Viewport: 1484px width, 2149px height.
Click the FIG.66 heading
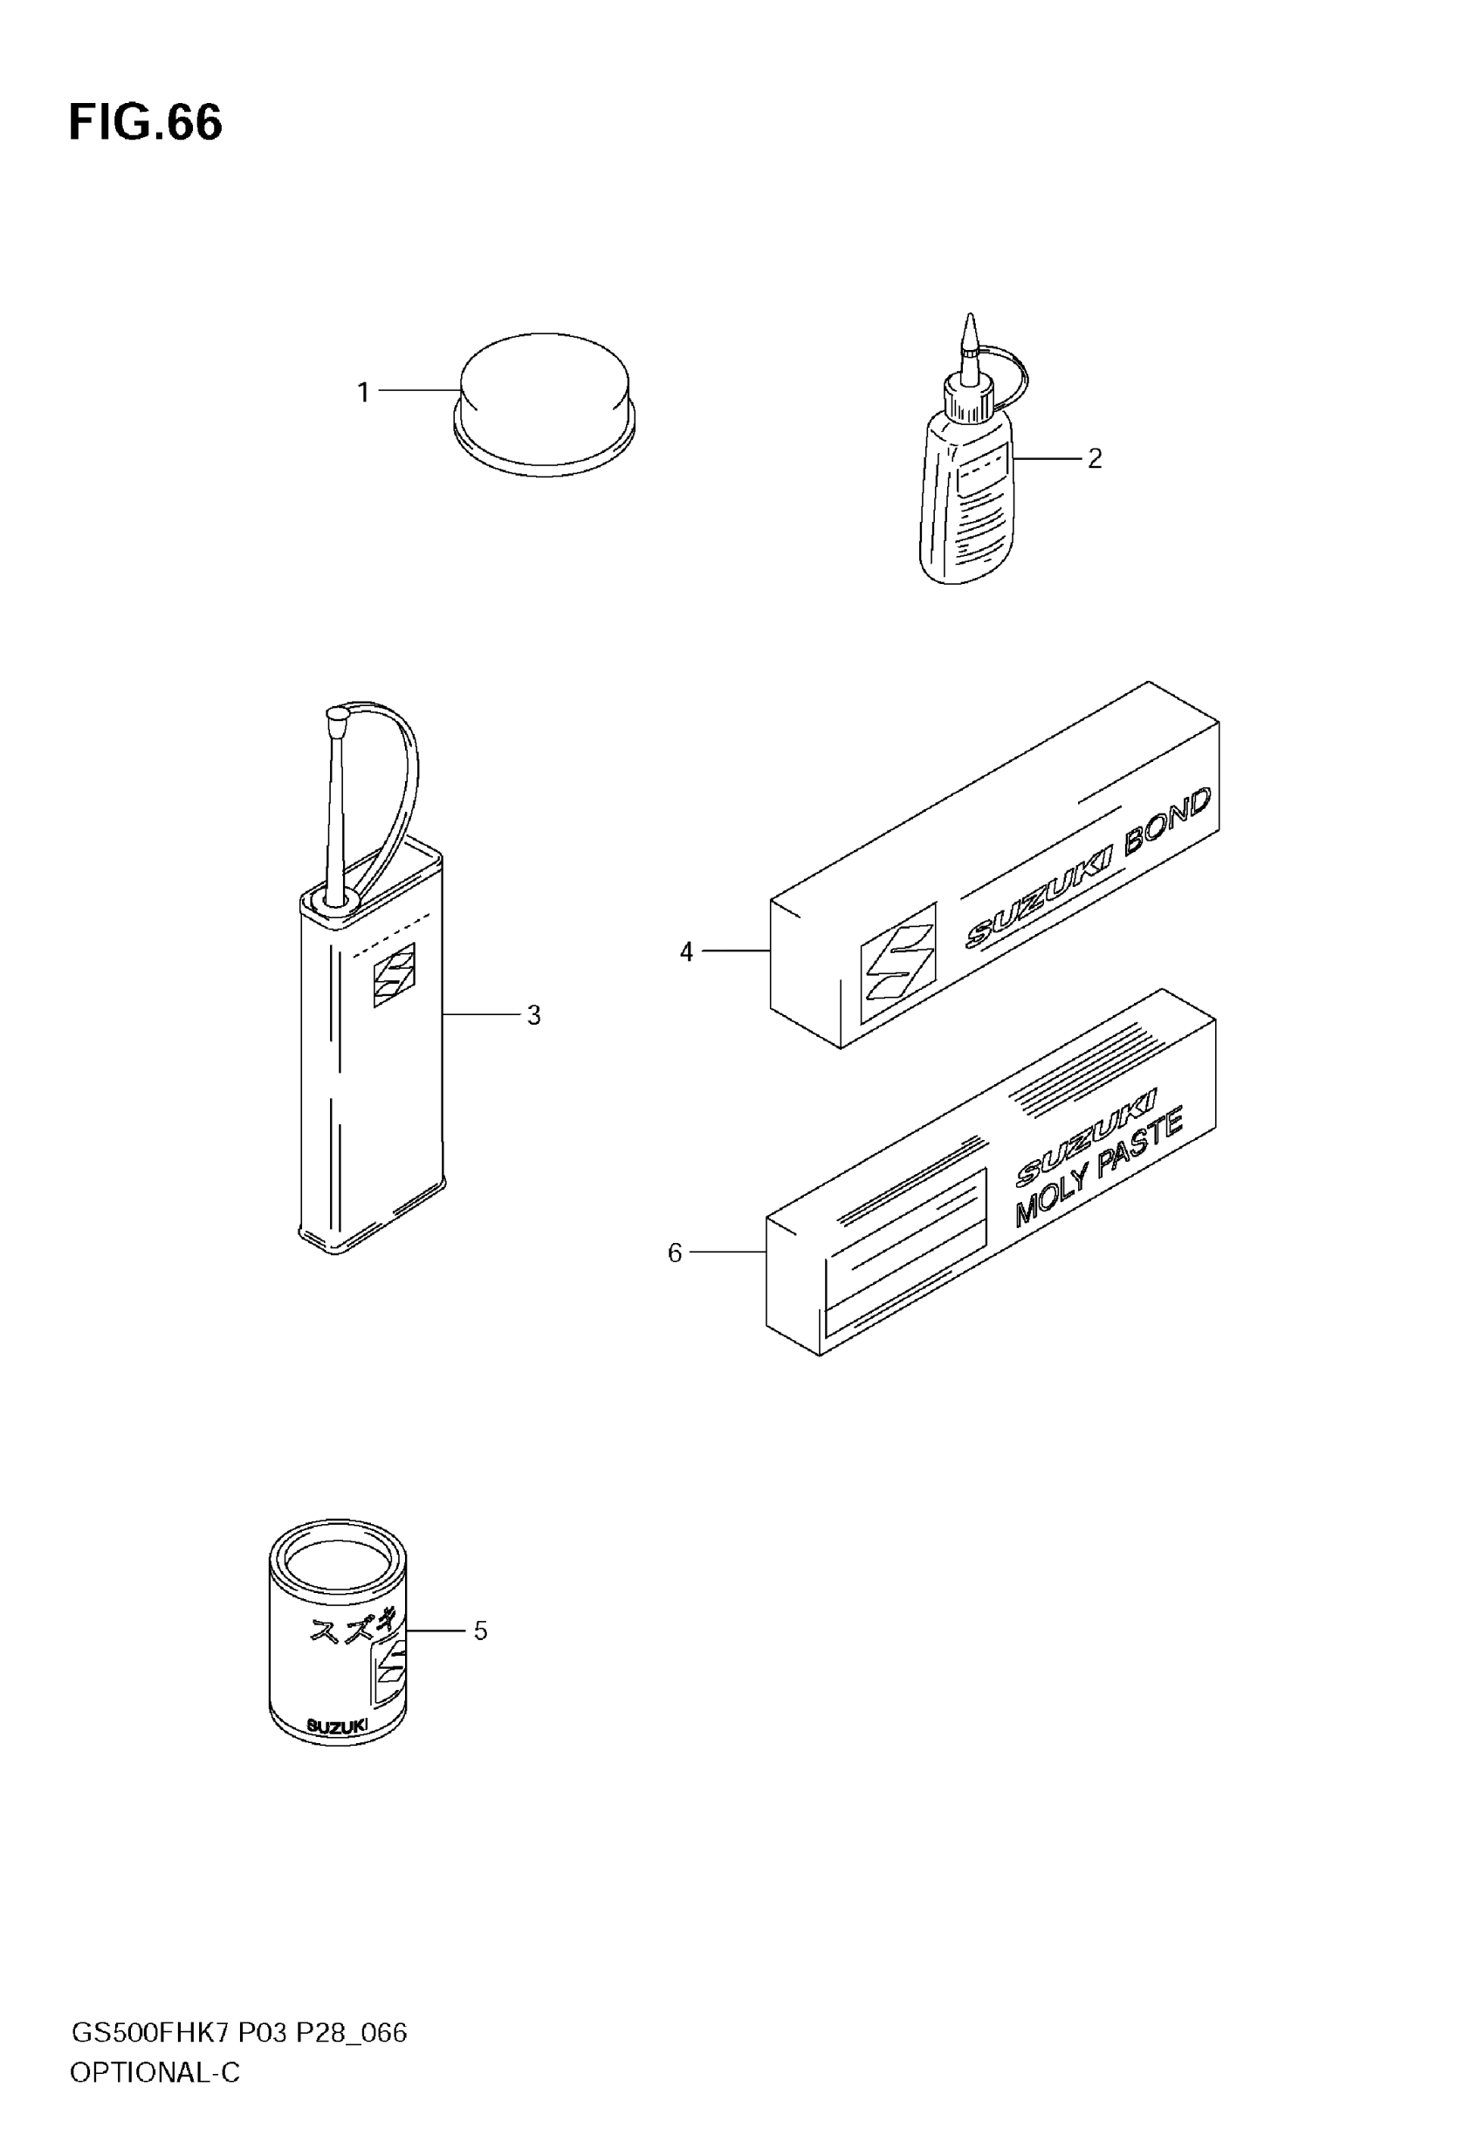[146, 123]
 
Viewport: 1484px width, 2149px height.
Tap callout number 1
[363, 392]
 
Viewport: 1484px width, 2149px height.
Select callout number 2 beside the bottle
[1095, 458]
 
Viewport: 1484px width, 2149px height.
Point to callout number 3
[533, 1015]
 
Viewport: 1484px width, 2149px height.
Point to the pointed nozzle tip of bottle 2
[971, 324]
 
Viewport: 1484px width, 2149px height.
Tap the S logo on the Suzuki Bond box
[897, 963]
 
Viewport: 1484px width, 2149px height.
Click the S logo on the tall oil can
[395, 974]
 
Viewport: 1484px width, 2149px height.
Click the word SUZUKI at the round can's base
[336, 1727]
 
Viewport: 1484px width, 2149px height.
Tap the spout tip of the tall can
[337, 716]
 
